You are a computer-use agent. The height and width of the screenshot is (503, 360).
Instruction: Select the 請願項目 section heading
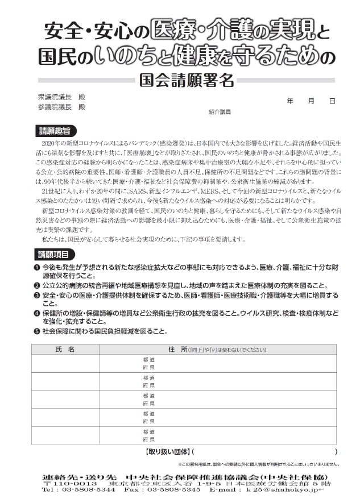coord(54,253)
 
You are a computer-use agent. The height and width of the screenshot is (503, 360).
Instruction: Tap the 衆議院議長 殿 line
coord(61,97)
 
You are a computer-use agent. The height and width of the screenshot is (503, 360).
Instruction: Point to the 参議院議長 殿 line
coord(61,106)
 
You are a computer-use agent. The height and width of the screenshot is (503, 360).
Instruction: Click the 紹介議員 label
coord(220,113)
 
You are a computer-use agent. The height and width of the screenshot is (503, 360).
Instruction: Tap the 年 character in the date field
coord(290,101)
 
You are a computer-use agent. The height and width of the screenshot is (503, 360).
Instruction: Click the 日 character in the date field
coord(332,101)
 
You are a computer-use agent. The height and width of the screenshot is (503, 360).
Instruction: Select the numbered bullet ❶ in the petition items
coord(36,267)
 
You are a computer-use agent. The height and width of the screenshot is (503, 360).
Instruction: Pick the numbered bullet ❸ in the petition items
coord(36,296)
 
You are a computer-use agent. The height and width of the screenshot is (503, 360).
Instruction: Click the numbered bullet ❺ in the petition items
coord(36,331)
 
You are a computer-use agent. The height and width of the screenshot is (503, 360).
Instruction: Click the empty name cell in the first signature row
coord(65,363)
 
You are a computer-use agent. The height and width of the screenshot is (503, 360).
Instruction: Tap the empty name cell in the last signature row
coord(65,435)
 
